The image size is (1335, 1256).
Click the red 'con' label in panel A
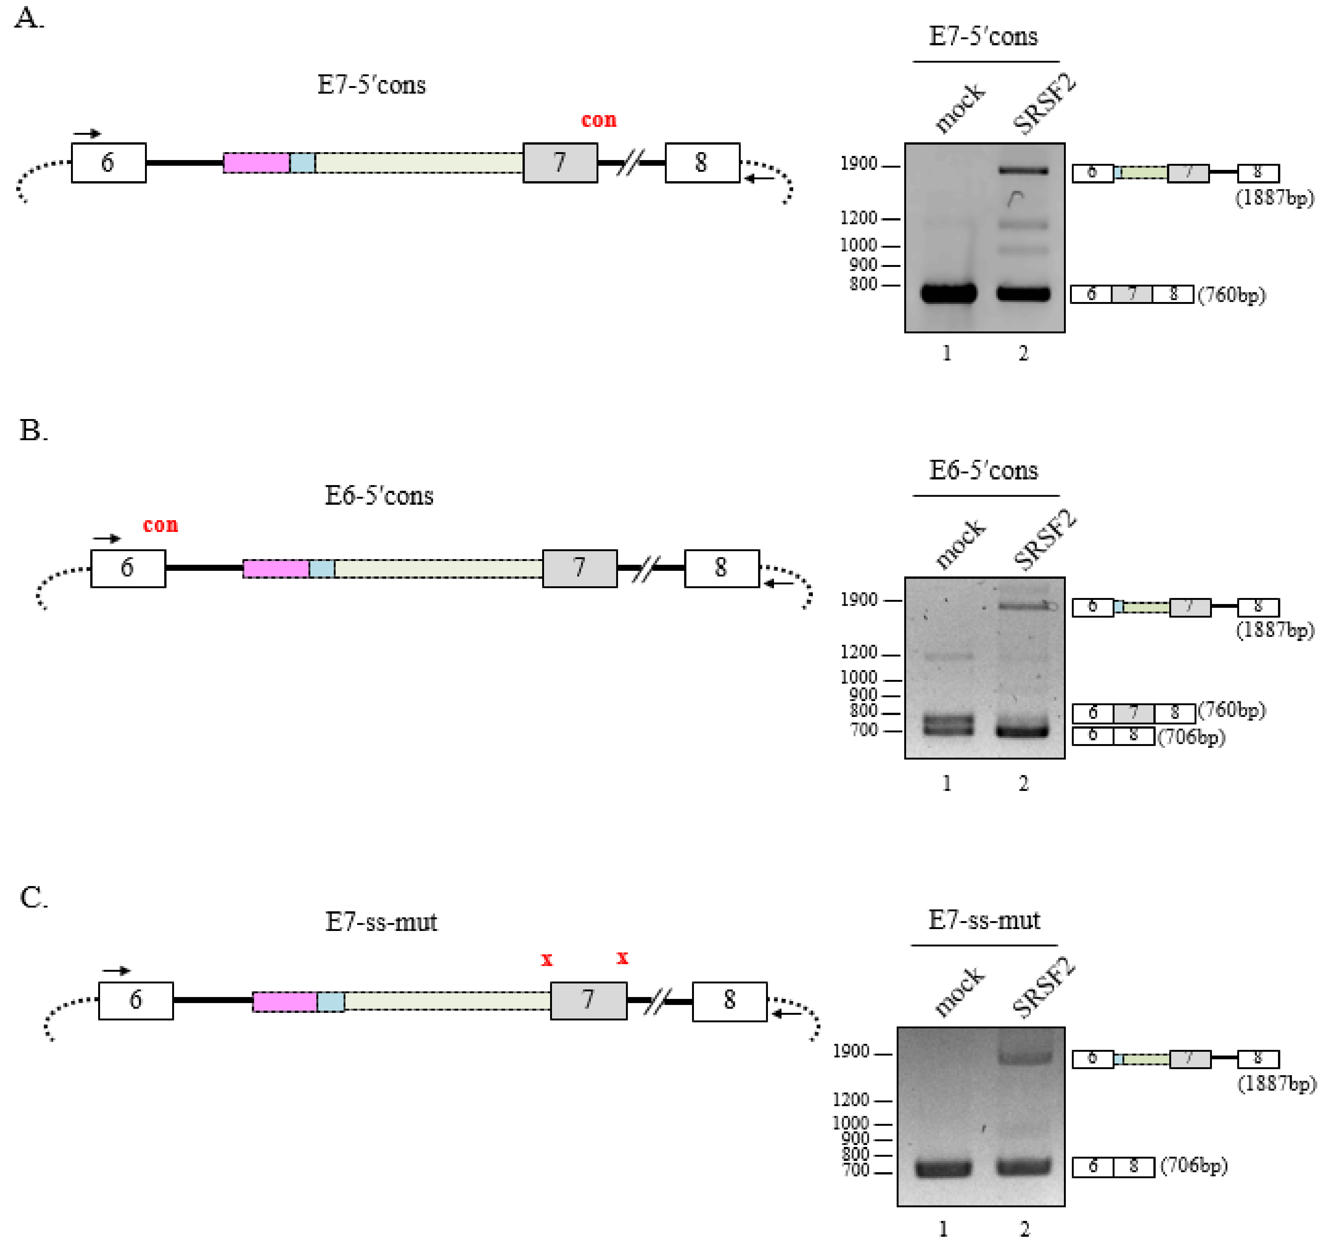pos(598,120)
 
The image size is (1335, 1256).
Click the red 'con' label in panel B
pos(160,525)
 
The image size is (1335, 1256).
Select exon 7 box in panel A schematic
pos(560,163)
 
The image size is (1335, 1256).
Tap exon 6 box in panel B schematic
pos(128,568)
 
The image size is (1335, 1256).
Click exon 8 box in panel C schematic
pos(729,1001)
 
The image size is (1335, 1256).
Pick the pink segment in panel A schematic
pos(256,163)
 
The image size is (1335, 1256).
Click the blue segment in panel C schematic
pos(330,1002)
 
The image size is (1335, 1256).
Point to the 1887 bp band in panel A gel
pos(1023,171)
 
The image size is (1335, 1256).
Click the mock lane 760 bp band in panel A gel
pos(948,293)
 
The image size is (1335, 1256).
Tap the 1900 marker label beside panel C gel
pos(851,1051)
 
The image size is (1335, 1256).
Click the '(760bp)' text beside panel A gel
pos(1232,295)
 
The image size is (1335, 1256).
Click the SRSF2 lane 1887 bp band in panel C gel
pos(1024,1058)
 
